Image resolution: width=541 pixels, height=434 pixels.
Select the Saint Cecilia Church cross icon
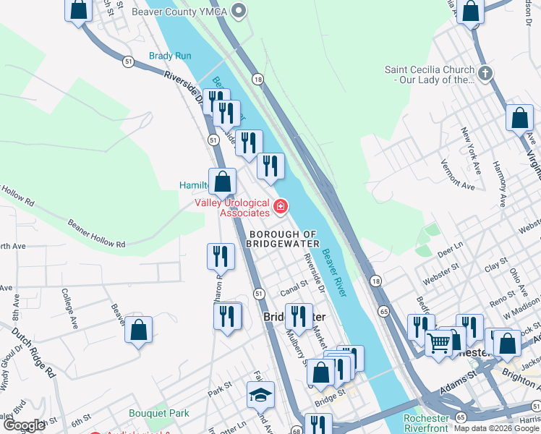[x=485, y=72]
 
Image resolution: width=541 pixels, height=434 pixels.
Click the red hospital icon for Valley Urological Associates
[x=280, y=208]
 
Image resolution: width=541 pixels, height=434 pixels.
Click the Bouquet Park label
[x=158, y=413]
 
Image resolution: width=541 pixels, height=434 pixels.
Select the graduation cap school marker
[x=260, y=395]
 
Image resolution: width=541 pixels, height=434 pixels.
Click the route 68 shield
[x=297, y=430]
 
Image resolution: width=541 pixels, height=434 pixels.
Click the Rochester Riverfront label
[x=427, y=423]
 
